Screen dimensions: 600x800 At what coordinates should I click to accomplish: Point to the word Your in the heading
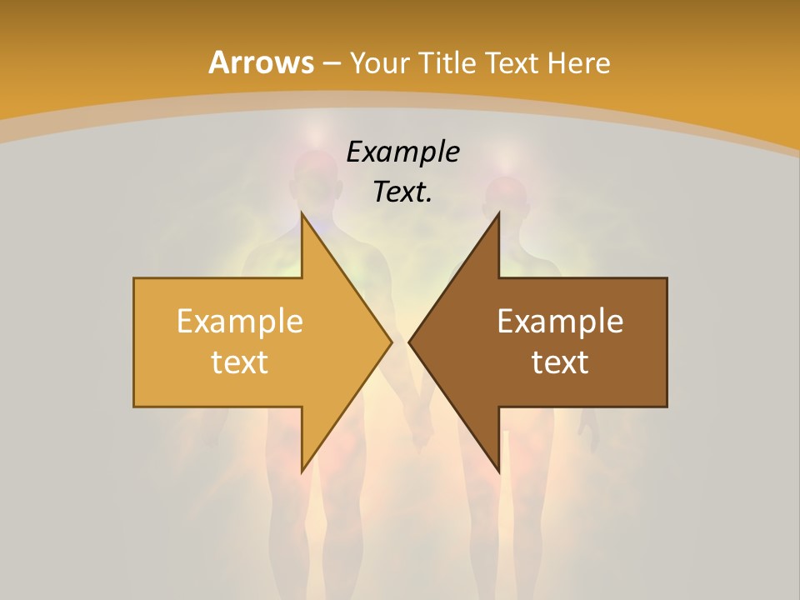point(380,63)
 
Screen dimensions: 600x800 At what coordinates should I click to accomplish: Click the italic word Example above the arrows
point(402,152)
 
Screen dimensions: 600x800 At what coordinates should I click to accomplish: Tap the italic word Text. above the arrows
point(402,192)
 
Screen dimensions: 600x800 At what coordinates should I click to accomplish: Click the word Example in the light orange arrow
point(240,322)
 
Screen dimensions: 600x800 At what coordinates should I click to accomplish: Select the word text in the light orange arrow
point(240,362)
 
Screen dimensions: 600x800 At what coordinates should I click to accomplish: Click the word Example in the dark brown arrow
point(560,322)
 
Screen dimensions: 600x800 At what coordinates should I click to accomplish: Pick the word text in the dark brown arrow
point(560,362)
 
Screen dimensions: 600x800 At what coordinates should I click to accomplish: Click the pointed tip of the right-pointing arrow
point(392,342)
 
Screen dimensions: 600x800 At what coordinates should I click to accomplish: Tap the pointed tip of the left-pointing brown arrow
point(409,342)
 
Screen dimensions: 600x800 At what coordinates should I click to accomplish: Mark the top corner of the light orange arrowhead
point(302,213)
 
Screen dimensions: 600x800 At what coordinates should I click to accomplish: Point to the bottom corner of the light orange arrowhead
point(302,472)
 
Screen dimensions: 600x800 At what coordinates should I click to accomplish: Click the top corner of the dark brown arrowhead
point(498,213)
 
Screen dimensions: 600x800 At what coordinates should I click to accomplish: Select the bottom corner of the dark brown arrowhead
point(498,472)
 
